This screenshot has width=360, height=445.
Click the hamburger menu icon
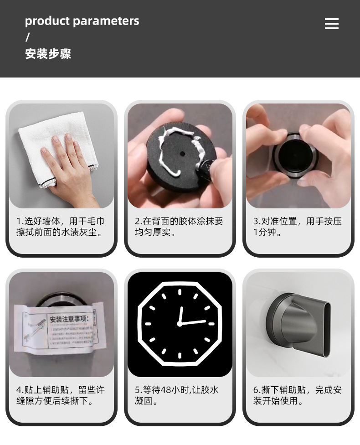pyautogui.click(x=331, y=24)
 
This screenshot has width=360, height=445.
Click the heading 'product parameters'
pyautogui.click(x=82, y=21)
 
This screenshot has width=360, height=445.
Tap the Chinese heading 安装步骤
pyautogui.click(x=48, y=54)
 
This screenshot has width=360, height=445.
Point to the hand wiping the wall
pyautogui.click(x=68, y=169)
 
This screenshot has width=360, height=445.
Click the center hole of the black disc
pyautogui.click(x=180, y=153)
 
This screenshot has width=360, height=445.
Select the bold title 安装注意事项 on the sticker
pyautogui.click(x=71, y=319)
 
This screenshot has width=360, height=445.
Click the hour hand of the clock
pyautogui.click(x=180, y=315)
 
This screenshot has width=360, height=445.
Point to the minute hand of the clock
pyautogui.click(x=193, y=322)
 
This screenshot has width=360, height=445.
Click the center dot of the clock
pyautogui.click(x=180, y=324)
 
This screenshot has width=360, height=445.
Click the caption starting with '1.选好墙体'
pyautogui.click(x=61, y=227)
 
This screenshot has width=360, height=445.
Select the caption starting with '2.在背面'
pyautogui.click(x=179, y=227)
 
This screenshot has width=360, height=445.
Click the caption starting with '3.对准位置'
pyautogui.click(x=298, y=227)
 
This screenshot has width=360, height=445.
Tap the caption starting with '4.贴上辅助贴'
pyautogui.click(x=61, y=395)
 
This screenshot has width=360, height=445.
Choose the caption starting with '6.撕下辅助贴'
pyautogui.click(x=298, y=395)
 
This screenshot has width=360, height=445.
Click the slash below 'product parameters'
pyautogui.click(x=27, y=37)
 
